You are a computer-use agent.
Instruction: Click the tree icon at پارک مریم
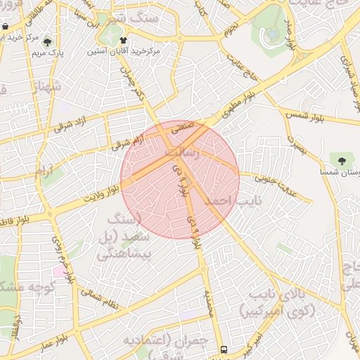coord(47,41)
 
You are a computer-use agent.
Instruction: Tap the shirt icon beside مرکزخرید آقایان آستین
coord(124,41)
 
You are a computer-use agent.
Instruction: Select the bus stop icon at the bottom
coord(224,349)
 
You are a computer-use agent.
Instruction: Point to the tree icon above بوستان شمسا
coord(342,160)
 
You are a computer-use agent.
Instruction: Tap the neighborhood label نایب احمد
coord(227,201)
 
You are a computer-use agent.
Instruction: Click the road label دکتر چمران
coord(139,89)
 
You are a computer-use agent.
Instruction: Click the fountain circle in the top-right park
coord(273,33)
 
